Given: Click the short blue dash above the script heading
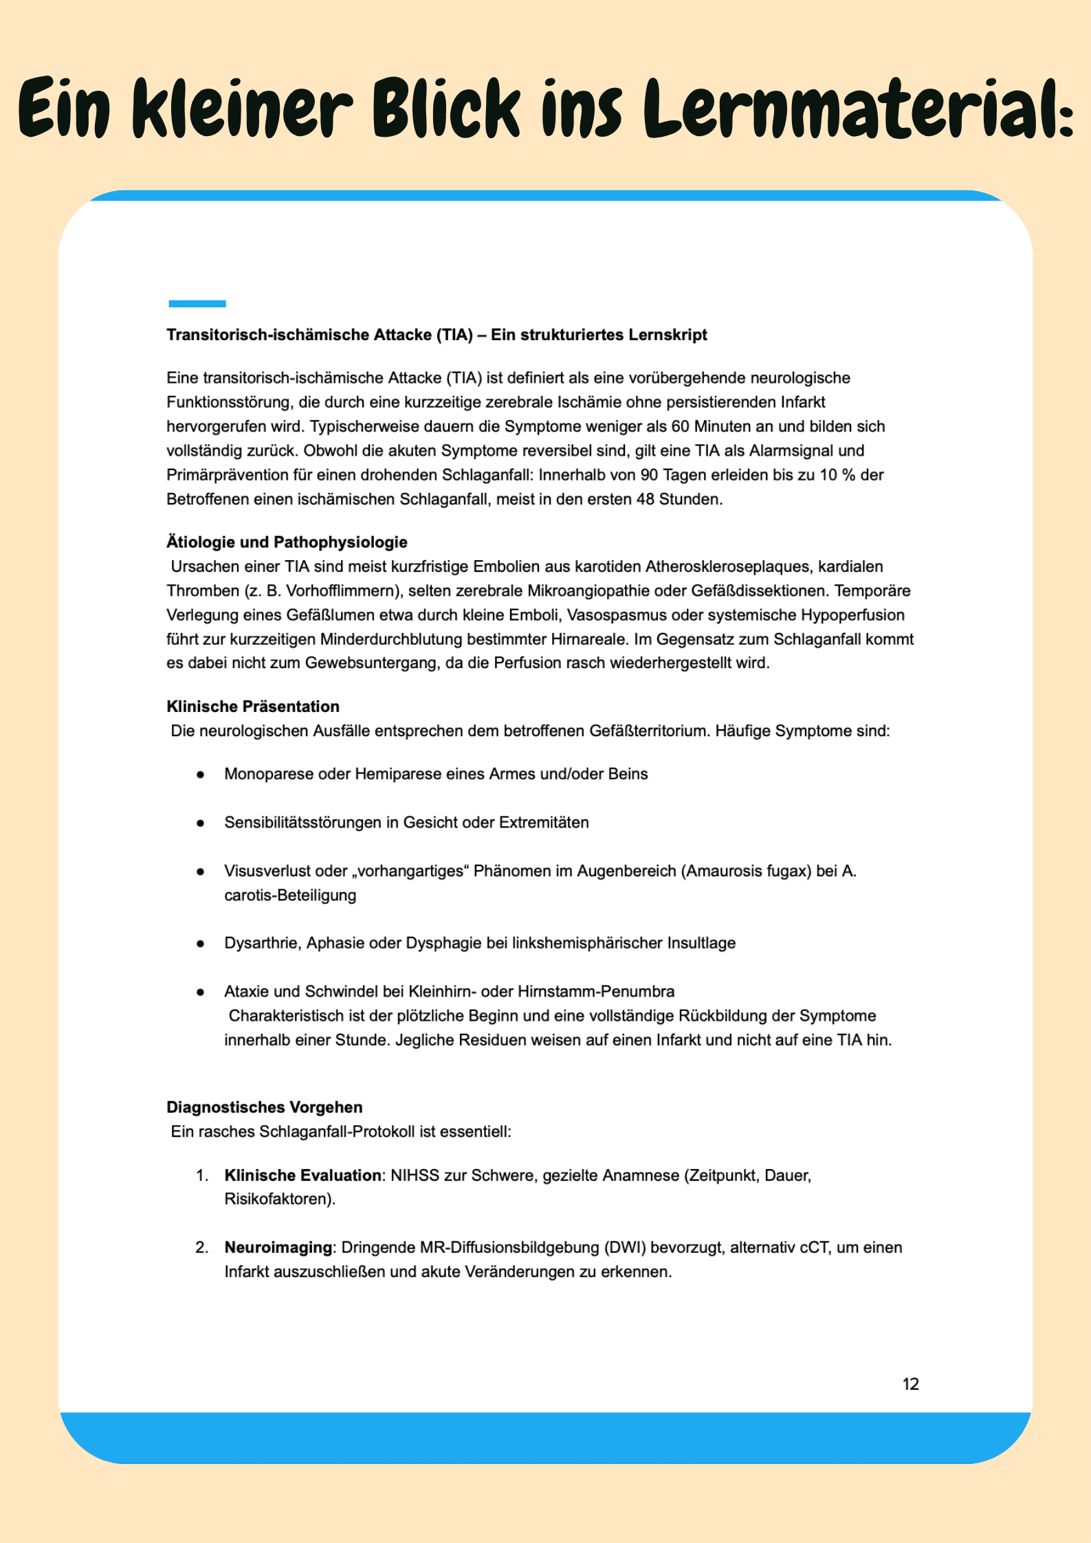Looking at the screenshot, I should [197, 303].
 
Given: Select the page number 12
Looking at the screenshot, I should [910, 1384].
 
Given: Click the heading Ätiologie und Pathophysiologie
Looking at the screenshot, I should [287, 542].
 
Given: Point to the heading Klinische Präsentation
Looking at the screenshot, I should [253, 707].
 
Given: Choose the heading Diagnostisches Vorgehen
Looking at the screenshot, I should [264, 1107].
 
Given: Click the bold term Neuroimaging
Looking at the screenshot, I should [278, 1247].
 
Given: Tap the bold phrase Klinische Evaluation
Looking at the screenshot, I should [302, 1175].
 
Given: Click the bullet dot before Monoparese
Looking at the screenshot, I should [200, 775].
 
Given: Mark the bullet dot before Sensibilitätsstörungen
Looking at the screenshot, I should [200, 823].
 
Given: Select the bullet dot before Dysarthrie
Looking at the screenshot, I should [200, 944].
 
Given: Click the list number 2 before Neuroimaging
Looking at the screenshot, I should [201, 1247].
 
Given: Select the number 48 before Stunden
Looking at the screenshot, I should [645, 499].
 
